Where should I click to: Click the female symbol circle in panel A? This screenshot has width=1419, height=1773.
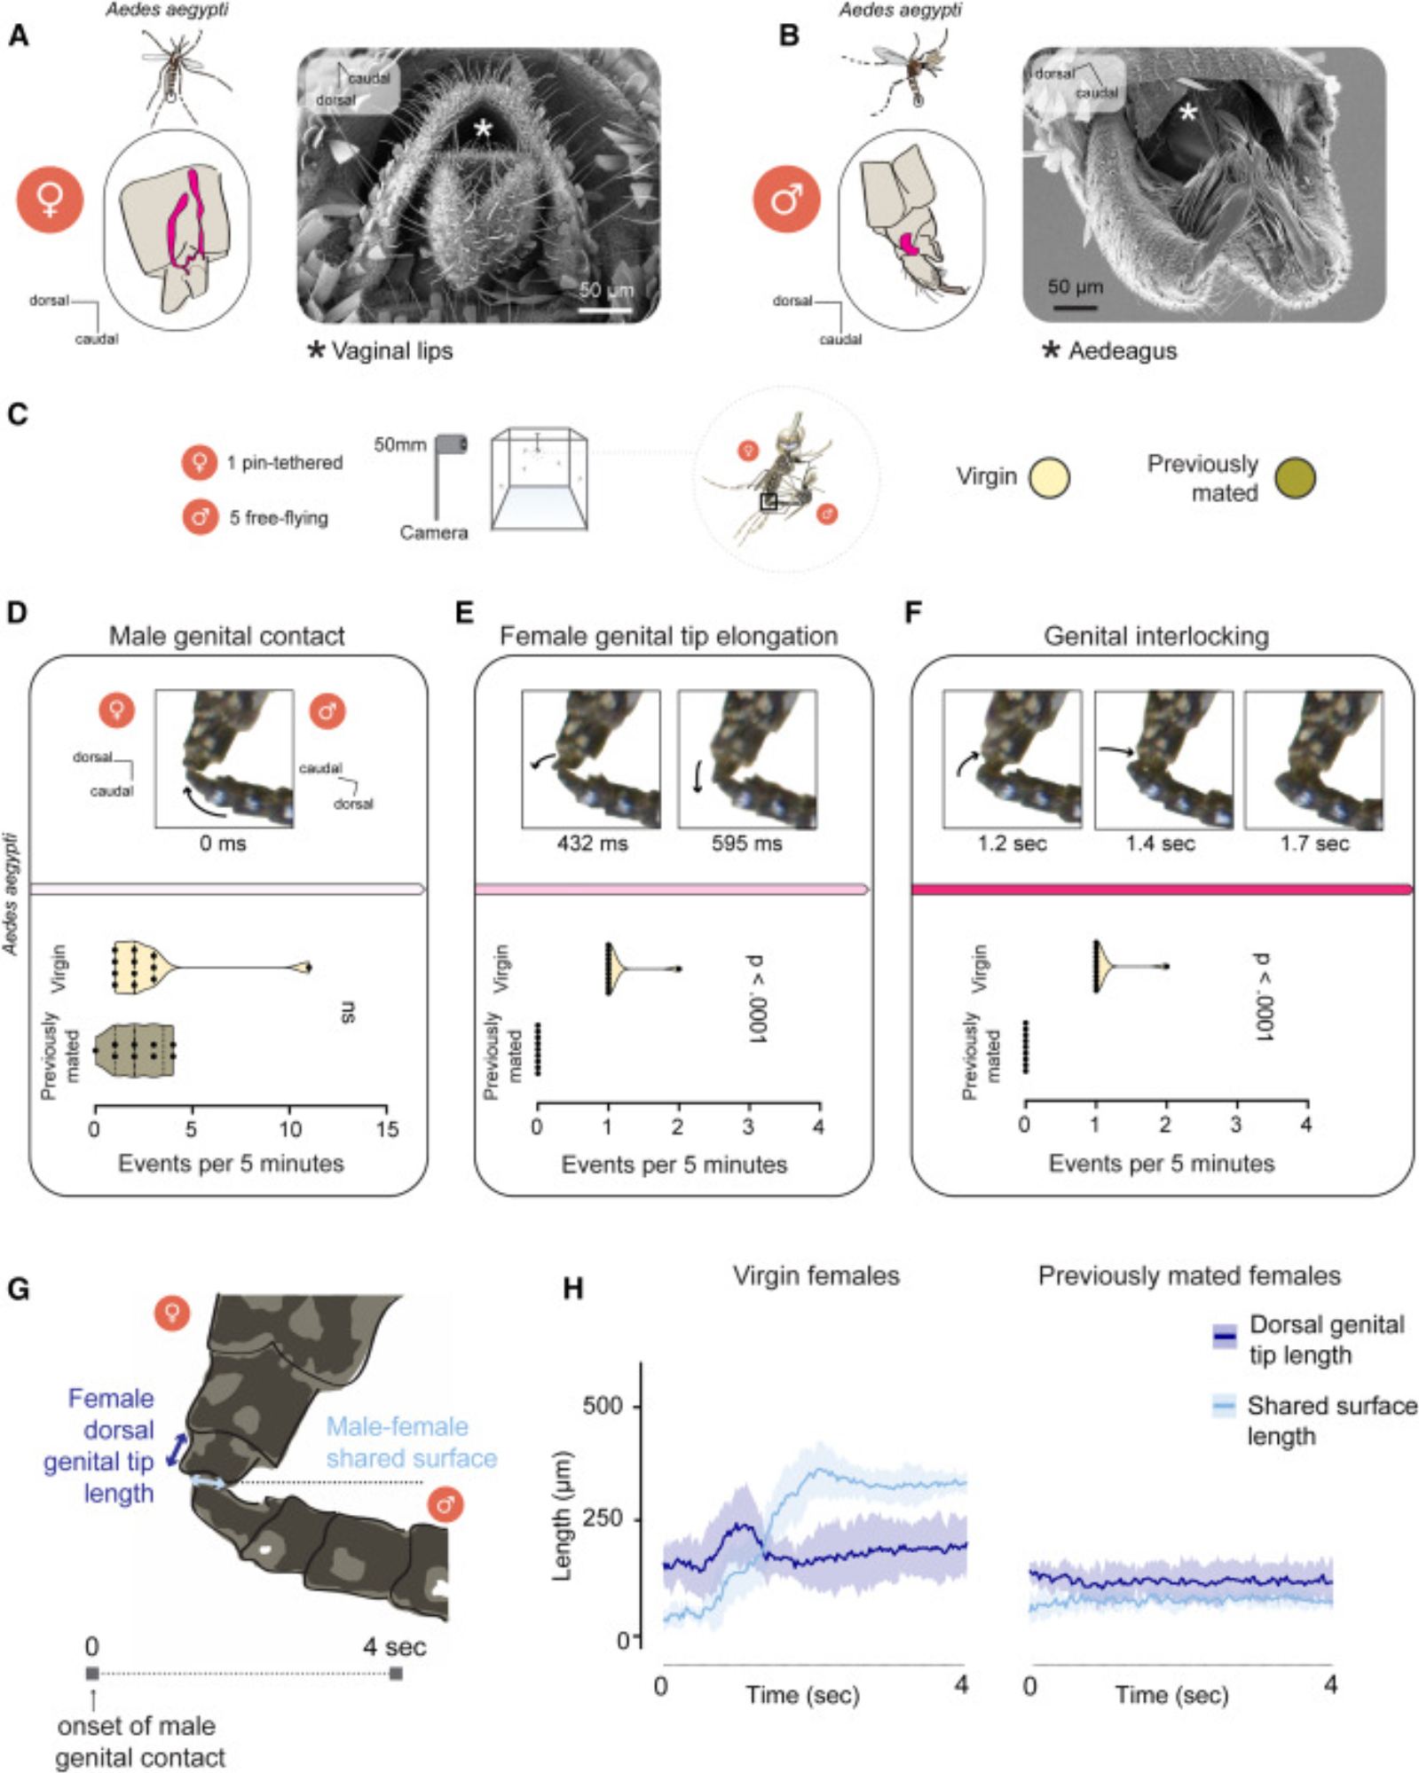pos(51,199)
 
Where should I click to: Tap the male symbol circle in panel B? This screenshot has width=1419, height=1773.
pos(786,199)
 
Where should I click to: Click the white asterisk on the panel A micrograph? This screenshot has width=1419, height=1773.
pos(482,130)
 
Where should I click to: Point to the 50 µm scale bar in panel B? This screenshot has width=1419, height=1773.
pos(1076,307)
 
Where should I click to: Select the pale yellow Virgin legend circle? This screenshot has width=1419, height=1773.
pos(1049,478)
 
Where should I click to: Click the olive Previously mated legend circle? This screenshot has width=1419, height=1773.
pos(1295,478)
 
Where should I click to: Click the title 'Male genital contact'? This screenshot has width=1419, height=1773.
pos(226,636)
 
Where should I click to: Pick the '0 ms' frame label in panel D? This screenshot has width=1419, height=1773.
pos(223,843)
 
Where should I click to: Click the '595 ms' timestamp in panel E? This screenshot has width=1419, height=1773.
pos(746,843)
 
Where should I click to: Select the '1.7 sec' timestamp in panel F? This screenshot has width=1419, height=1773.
pos(1314,843)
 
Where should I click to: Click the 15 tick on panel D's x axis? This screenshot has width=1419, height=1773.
pos(387,1130)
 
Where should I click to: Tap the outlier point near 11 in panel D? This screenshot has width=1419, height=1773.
pos(307,968)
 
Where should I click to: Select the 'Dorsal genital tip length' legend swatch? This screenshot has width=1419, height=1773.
pos(1225,1336)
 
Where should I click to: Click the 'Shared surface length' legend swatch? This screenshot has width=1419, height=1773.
pos(1225,1407)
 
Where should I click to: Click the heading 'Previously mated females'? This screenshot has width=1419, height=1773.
pos(1189,1275)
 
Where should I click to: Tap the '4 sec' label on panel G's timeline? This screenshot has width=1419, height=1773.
pos(394,1647)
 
